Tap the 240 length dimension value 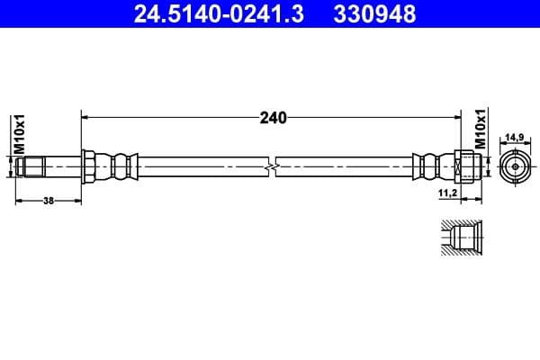point(273,117)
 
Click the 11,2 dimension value point(446,193)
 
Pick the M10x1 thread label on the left point(17,133)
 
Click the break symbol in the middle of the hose point(272,166)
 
